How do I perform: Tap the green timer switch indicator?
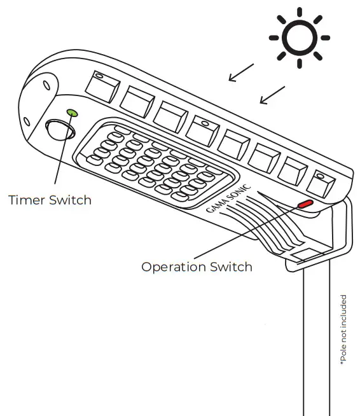pos(72,113)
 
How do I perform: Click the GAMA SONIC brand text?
pos(228,201)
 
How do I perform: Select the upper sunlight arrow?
pos(241,72)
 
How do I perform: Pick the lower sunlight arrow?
pos(272,95)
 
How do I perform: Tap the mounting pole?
pos(316,343)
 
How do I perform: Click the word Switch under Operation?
pos(232,267)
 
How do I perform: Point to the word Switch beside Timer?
pos(70,200)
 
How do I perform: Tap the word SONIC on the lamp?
pos(240,194)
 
